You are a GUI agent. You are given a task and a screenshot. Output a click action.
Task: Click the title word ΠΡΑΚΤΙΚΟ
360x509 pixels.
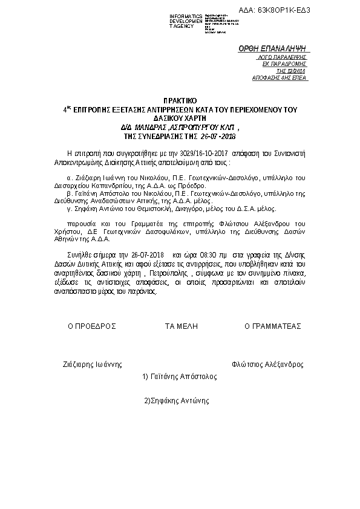point(180,99)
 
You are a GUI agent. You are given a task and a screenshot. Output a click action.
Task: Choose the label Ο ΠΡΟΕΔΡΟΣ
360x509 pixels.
point(91,326)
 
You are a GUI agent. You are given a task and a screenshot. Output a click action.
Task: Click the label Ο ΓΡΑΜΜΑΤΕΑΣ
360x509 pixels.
point(272,326)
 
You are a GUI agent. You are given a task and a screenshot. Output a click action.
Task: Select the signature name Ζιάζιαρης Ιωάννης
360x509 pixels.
point(93,365)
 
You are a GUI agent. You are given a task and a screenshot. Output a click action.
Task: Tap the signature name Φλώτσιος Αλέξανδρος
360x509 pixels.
point(267,365)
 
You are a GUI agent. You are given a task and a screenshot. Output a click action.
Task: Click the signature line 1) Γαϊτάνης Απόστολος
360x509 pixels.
point(179,376)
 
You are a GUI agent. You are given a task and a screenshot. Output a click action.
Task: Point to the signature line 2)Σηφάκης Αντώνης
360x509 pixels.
point(176,400)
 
